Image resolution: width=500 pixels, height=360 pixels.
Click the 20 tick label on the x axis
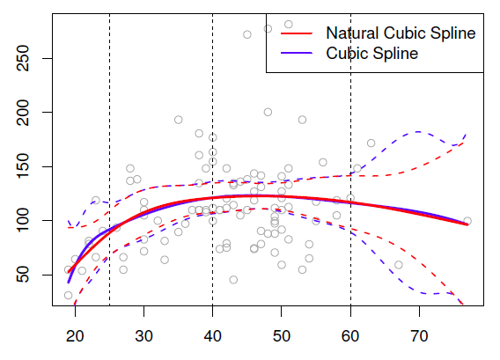click(x=75, y=335)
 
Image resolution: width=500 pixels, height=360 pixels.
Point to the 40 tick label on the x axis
click(x=212, y=335)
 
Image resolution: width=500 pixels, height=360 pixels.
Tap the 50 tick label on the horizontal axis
click(x=282, y=335)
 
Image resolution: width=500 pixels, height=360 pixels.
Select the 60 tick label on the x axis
click(x=350, y=335)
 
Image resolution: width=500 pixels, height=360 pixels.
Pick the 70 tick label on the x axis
click(x=419, y=335)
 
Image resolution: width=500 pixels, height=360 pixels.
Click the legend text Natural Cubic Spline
click(x=401, y=33)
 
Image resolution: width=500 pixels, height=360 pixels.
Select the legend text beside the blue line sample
click(x=371, y=53)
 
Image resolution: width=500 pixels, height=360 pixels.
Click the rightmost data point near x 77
click(x=467, y=222)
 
